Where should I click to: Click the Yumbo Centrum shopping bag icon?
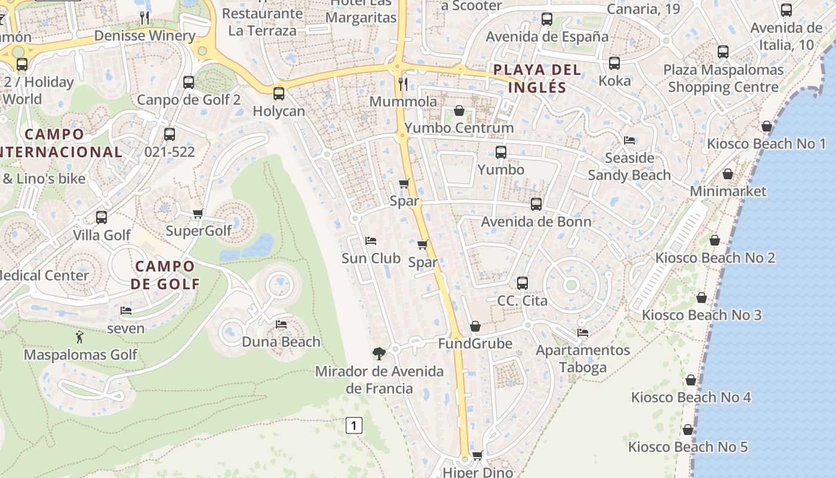(x=459, y=111)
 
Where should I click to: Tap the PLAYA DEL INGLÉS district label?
(x=537, y=79)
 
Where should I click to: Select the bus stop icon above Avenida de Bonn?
(x=536, y=204)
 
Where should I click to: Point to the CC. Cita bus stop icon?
(x=522, y=283)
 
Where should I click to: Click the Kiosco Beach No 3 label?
(x=702, y=315)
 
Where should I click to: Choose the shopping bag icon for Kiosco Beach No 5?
(x=688, y=430)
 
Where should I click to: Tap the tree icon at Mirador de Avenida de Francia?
(x=378, y=354)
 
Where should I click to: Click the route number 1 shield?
(x=354, y=425)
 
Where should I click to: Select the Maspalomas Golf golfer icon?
(x=80, y=338)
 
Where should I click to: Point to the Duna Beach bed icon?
(x=281, y=324)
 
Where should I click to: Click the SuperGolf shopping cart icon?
(x=198, y=213)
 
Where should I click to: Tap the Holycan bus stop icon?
(x=278, y=94)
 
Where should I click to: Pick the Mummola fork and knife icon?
(x=403, y=84)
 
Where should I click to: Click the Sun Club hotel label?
(x=371, y=258)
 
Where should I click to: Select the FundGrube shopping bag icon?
(x=475, y=326)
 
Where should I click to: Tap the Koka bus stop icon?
(x=614, y=63)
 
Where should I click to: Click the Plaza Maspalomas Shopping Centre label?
(x=723, y=78)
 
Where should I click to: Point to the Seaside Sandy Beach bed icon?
(x=629, y=140)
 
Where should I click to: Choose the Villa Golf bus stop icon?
(x=102, y=217)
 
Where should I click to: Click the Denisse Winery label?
(x=145, y=35)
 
